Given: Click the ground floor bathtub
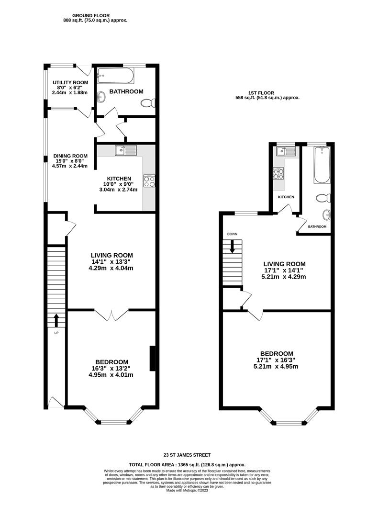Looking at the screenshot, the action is pos(116,76).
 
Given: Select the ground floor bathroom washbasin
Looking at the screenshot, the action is pos(101,97).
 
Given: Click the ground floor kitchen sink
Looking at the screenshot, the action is pos(126,150).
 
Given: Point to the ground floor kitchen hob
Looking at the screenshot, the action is pos(149,180).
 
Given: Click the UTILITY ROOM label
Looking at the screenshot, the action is pos(70,82).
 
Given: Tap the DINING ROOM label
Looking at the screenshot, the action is pos(70,156).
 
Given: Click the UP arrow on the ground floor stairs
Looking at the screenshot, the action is pos(56,320).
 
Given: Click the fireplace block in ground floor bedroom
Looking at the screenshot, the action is pos(153,359).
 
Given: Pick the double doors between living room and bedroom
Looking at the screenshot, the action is pos(111,315).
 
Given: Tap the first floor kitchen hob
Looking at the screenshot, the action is pos(278,173).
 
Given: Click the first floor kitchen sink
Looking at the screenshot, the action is pos(286,151).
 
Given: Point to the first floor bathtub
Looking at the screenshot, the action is pos(322,165).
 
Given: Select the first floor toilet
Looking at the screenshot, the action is pos(323,199).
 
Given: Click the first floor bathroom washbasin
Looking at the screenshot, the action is pos(326,214).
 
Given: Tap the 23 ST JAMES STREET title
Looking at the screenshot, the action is pos(187,455).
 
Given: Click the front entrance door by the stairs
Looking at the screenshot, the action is pos(56,403).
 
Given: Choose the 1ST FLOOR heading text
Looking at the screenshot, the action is pos(261,93).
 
